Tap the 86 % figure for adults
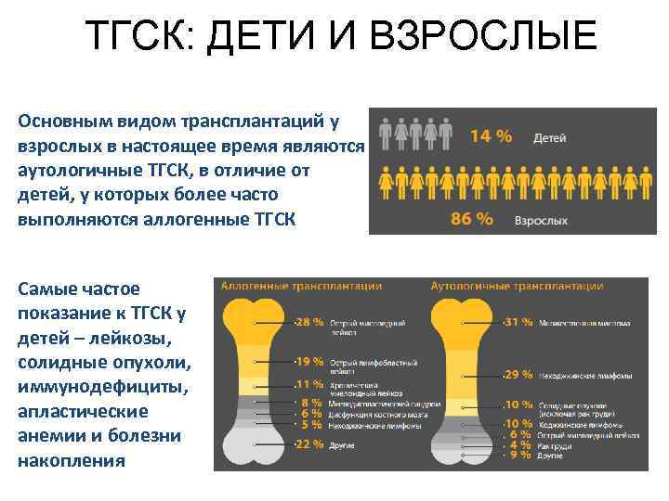(472, 220)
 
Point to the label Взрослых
(543, 221)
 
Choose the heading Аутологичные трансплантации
(517, 287)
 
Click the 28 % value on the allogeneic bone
(308, 323)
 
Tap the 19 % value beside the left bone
(308, 361)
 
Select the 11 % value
(308, 384)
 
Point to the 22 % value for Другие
(308, 444)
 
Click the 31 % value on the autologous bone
(518, 323)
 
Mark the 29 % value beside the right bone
(518, 375)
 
